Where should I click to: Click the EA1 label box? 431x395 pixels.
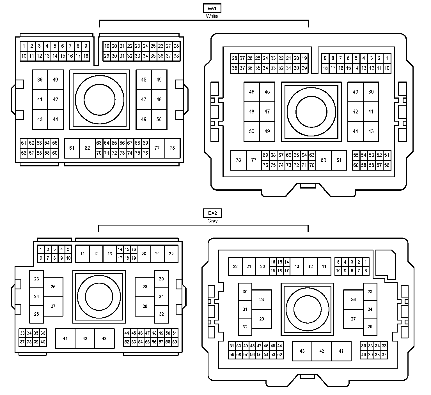[212, 8]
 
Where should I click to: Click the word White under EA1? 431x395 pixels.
[212, 16]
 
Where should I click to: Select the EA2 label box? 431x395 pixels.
[212, 213]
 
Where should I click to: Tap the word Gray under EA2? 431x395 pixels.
[212, 221]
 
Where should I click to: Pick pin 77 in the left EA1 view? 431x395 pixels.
[157, 148]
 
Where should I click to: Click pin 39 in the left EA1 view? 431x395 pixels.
[40, 80]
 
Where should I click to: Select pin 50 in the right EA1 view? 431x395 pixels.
[252, 132]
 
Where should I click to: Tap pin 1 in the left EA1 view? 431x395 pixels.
[24, 46]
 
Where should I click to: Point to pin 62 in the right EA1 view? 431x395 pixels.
[324, 160]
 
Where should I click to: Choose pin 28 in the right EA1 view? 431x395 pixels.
[235, 59]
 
